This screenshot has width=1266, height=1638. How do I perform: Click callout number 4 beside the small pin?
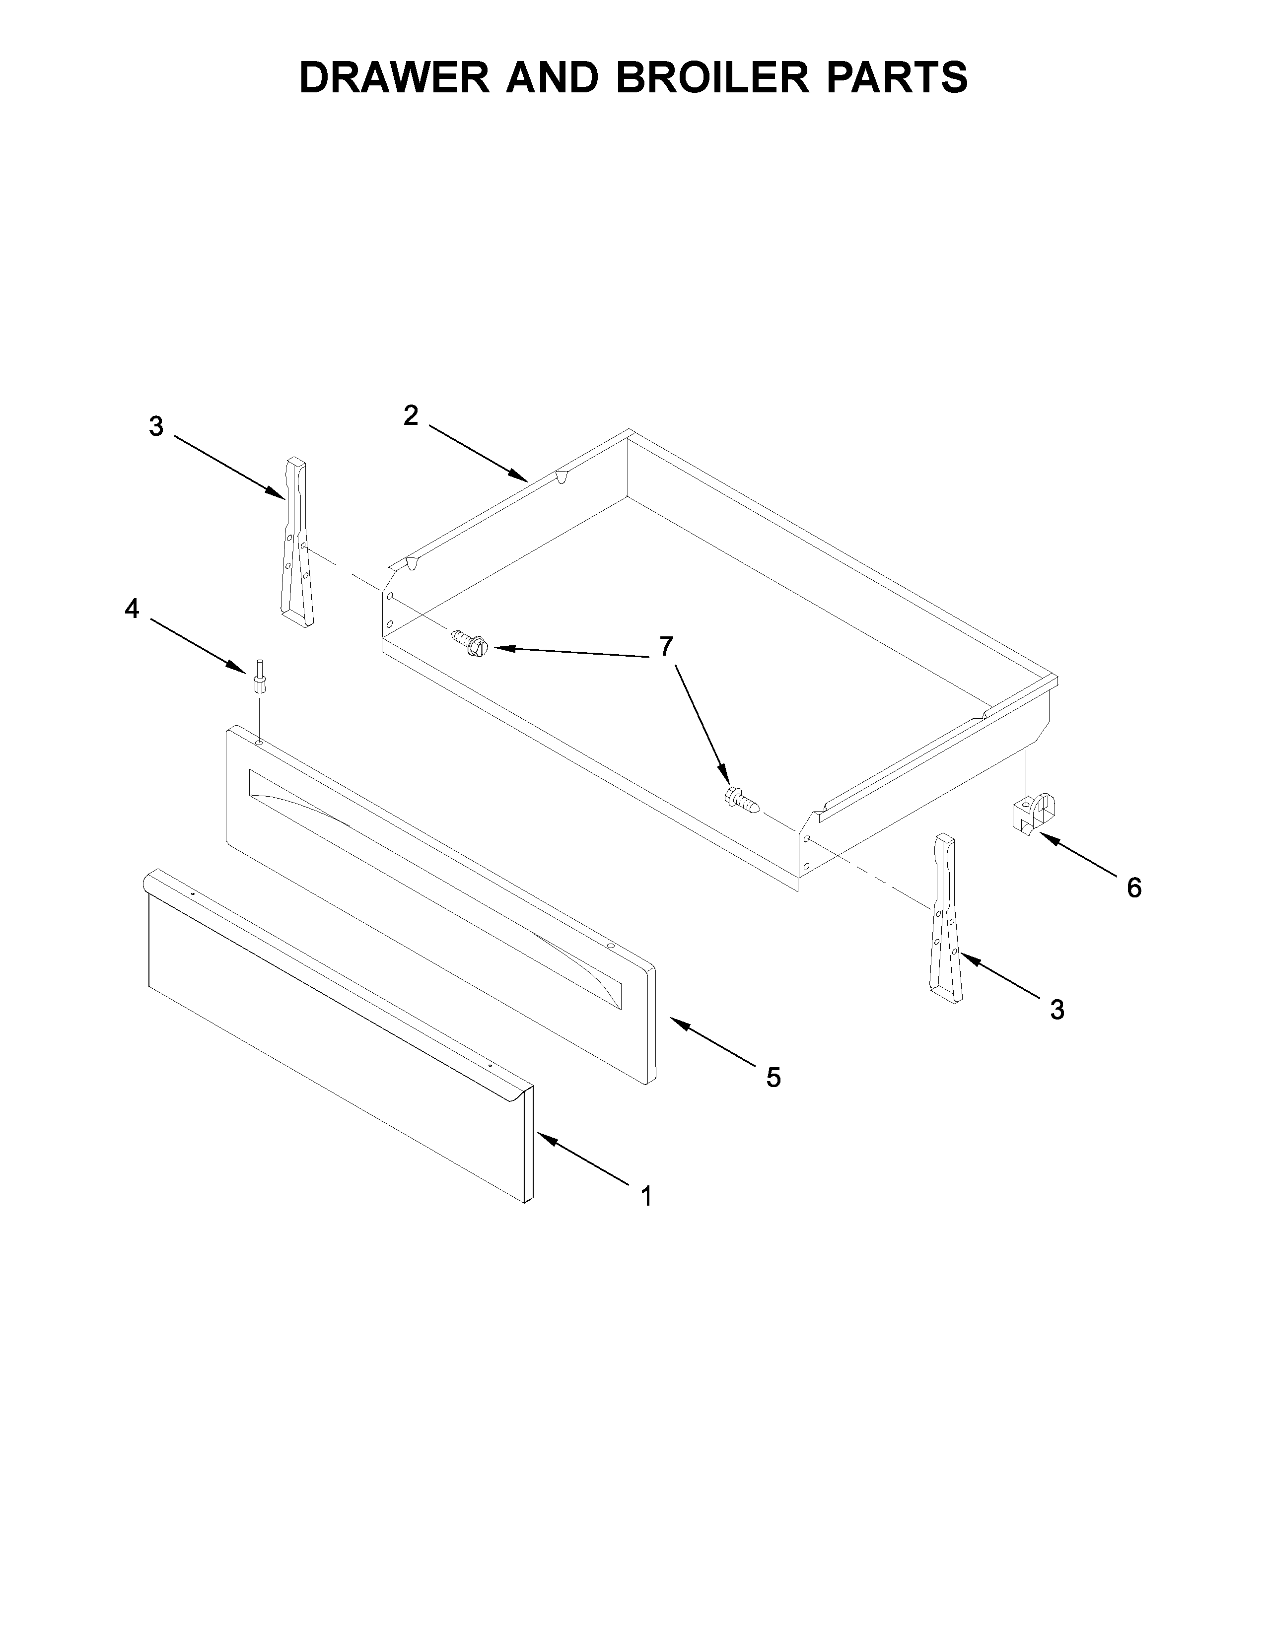click(x=132, y=609)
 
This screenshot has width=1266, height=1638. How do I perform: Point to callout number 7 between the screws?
click(x=666, y=646)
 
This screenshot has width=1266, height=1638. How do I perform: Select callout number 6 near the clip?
click(x=1133, y=888)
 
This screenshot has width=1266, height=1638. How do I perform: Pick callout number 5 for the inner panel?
click(x=773, y=1078)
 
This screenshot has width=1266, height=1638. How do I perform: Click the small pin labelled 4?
click(x=259, y=677)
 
